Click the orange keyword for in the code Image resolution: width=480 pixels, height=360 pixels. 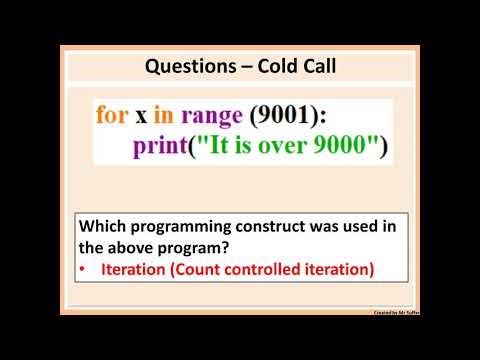pos(113,114)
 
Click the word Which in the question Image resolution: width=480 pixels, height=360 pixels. pos(104,226)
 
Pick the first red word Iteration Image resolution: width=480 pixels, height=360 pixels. pos(136,268)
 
